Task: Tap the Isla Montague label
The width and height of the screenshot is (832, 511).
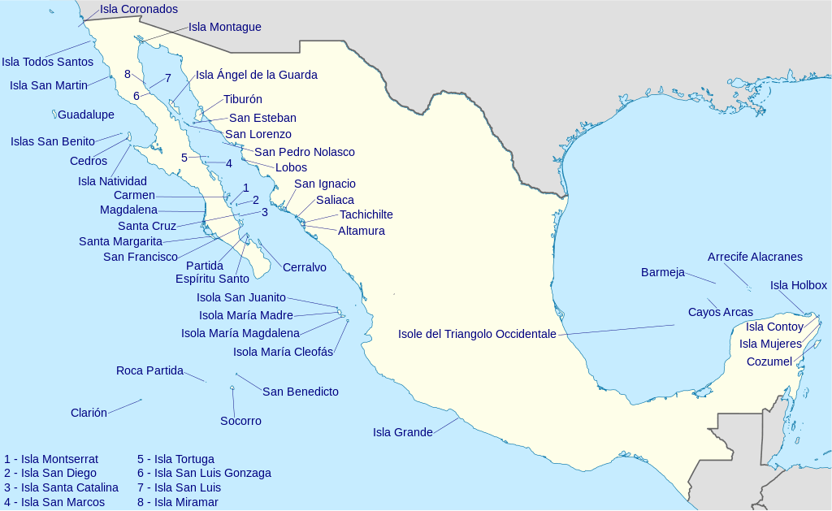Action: pyautogui.click(x=224, y=27)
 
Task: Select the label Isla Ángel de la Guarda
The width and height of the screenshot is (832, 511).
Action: pyautogui.click(x=256, y=75)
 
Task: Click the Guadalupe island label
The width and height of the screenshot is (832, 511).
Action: pyautogui.click(x=85, y=115)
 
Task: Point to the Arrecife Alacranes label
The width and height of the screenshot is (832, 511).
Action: pyautogui.click(x=754, y=257)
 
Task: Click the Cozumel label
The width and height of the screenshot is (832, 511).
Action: pyautogui.click(x=769, y=362)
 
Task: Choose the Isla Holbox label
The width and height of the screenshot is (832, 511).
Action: pyautogui.click(x=798, y=285)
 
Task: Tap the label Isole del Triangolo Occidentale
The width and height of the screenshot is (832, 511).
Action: pyautogui.click(x=477, y=334)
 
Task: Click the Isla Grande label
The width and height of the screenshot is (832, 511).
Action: pyautogui.click(x=402, y=432)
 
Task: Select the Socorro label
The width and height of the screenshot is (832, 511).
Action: pyautogui.click(x=240, y=421)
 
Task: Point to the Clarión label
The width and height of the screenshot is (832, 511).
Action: pyautogui.click(x=89, y=413)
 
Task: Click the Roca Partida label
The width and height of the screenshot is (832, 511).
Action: pyautogui.click(x=149, y=370)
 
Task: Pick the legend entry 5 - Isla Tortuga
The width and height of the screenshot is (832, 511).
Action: pyautogui.click(x=175, y=459)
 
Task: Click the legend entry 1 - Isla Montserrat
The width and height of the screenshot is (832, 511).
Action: pyautogui.click(x=51, y=459)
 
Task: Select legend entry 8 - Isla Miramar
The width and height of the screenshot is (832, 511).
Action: pyautogui.click(x=177, y=502)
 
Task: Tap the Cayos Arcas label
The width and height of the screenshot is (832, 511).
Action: pyautogui.click(x=720, y=312)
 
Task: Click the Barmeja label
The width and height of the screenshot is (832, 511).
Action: pyautogui.click(x=662, y=272)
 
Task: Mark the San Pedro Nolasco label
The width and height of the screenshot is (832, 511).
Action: pyautogui.click(x=304, y=152)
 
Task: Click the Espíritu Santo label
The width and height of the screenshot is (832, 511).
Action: pyautogui.click(x=212, y=279)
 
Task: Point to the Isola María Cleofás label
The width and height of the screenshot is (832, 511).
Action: pyautogui.click(x=283, y=352)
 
